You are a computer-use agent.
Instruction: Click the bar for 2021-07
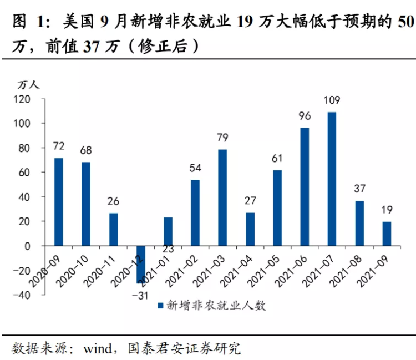pyautogui.click(x=332, y=179)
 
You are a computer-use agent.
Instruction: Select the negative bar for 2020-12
pyautogui.click(x=140, y=264)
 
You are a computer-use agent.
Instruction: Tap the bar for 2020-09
pyautogui.click(x=58, y=202)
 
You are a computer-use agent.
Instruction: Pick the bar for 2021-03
pyautogui.click(x=222, y=197)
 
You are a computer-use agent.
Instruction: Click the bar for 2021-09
pyautogui.click(x=387, y=234)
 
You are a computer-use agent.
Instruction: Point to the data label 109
pyautogui.click(x=332, y=101)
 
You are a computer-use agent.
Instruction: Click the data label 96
pyautogui.click(x=305, y=117)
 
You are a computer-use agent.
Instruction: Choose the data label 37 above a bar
pyautogui.click(x=359, y=189)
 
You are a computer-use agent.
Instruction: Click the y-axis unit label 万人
pyautogui.click(x=29, y=85)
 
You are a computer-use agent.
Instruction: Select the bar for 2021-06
pyautogui.click(x=305, y=187)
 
